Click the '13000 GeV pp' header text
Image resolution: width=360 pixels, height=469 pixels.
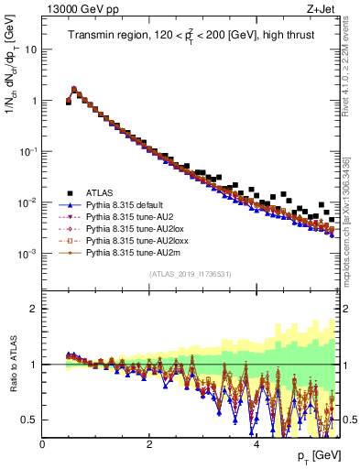(x=80, y=9)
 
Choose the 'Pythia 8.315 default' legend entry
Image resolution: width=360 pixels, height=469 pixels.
(x=124, y=206)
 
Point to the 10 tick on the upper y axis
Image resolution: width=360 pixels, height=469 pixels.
(x=31, y=49)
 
